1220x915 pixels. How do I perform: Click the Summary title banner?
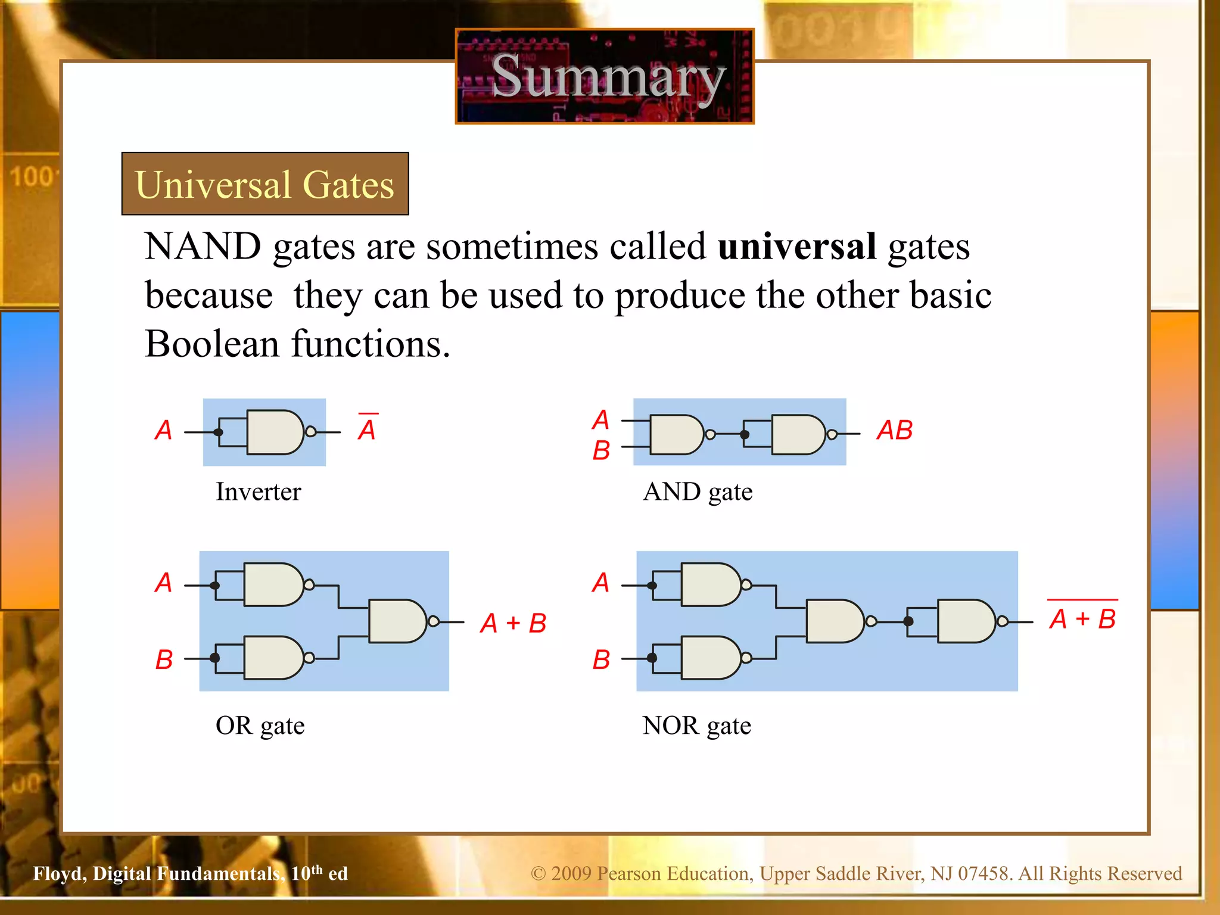[605, 76]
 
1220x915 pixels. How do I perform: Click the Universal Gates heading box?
[265, 183]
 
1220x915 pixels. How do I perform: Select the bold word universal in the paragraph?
[796, 246]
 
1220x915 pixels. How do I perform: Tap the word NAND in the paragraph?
[203, 246]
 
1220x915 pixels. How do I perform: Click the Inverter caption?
[258, 491]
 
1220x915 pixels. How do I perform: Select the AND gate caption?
[698, 492]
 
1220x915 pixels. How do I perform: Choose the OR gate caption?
[260, 726]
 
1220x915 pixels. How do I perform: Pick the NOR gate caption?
[696, 726]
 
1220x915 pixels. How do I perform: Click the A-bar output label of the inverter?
[368, 428]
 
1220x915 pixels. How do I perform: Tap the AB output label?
[894, 430]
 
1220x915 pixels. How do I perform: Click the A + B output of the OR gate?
[513, 623]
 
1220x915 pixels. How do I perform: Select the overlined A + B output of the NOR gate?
[1082, 618]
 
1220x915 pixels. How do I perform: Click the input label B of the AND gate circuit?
[601, 450]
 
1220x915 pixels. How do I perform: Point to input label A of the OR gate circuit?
[164, 582]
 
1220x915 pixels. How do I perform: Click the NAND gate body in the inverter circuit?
[275, 432]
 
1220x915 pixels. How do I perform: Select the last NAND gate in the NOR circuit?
[966, 621]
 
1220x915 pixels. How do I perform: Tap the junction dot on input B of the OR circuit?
[215, 658]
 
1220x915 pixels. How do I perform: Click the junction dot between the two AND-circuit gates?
[745, 434]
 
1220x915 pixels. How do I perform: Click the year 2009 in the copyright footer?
[571, 873]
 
